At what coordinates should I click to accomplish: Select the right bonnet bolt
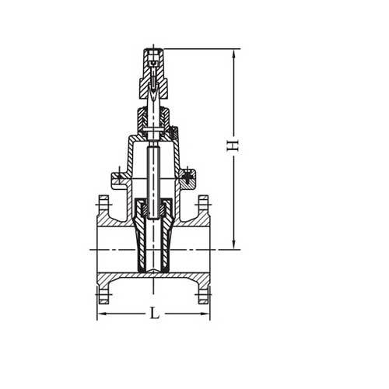(x=188, y=178)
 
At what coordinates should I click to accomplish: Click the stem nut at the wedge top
(x=145, y=209)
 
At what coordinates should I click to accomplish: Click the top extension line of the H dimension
(x=202, y=48)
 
